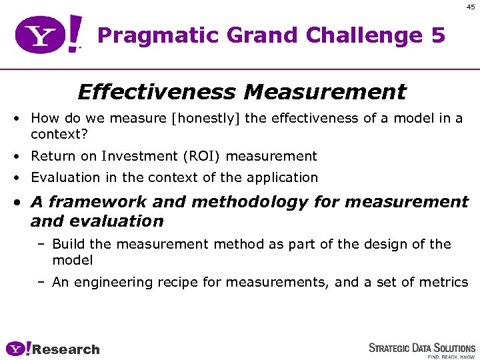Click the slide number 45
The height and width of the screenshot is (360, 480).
coord(471,7)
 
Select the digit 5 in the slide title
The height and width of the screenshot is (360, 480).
coord(437,35)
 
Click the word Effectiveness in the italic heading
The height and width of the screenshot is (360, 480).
coord(157,91)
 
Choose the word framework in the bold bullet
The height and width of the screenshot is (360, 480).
coord(100,201)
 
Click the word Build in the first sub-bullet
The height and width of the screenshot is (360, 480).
coord(67,245)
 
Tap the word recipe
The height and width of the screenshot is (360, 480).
coord(177,283)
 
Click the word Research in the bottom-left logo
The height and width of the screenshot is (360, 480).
coord(65,349)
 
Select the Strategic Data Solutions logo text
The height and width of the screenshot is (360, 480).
coord(422,347)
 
